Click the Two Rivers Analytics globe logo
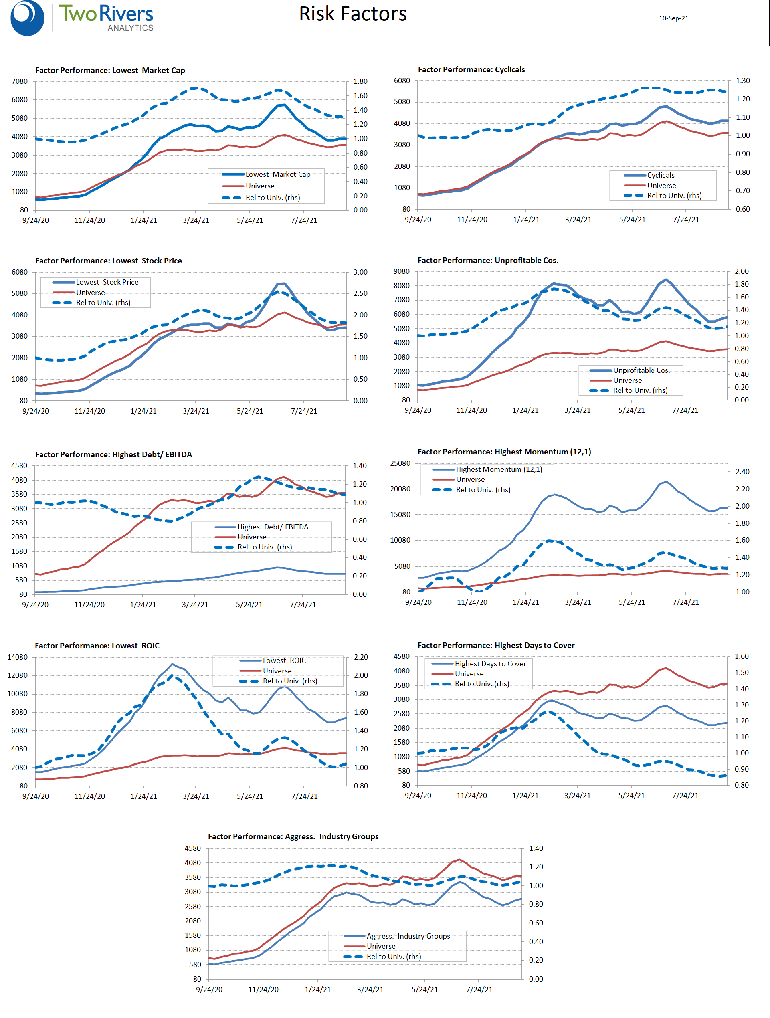(27, 18)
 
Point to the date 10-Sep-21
(673, 18)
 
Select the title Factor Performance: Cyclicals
(471, 69)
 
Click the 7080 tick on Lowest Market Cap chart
(20, 81)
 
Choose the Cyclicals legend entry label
(661, 175)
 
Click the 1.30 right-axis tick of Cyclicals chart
(742, 81)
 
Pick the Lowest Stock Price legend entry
(107, 282)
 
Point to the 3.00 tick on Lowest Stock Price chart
(360, 272)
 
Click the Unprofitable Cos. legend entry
(641, 370)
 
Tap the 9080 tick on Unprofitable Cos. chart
(401, 271)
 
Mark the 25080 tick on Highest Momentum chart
(400, 463)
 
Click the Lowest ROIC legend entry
(284, 660)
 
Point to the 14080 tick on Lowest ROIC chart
(18, 657)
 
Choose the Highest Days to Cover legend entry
(490, 664)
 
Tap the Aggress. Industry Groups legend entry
(408, 936)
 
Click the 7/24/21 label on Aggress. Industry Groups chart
(479, 990)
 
